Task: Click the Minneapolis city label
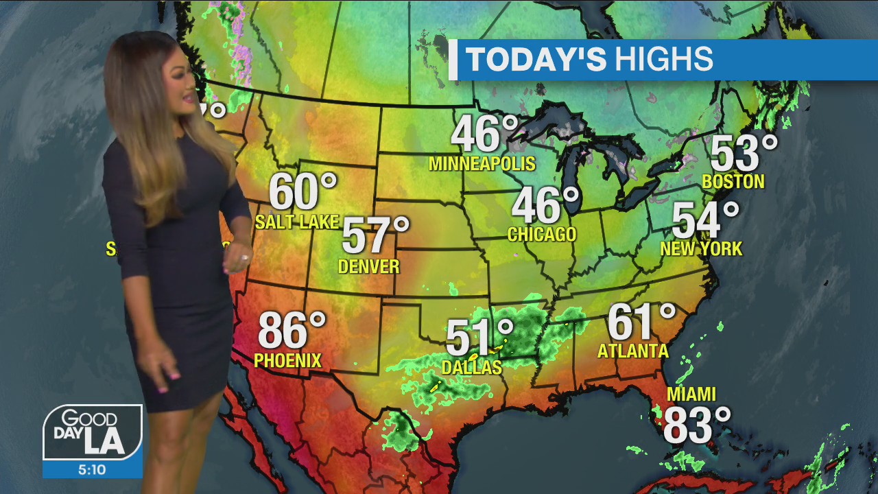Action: pos(482,164)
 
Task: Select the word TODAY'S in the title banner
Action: pos(536,60)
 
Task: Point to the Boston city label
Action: pos(733,182)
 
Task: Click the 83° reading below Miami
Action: pos(696,425)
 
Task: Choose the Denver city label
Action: pos(368,266)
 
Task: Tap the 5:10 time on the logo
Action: pos(92,470)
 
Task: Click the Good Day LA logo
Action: pos(93,432)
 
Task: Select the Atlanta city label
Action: pos(632,351)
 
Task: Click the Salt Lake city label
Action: pos(297,222)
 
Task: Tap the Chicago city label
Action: pos(541,235)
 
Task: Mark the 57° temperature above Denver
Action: pos(375,235)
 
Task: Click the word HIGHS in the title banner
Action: pos(663,60)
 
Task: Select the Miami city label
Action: pos(691,395)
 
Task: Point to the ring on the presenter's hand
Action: pos(244,257)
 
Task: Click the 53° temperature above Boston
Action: pos(744,153)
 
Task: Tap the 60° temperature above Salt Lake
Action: pos(302,191)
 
